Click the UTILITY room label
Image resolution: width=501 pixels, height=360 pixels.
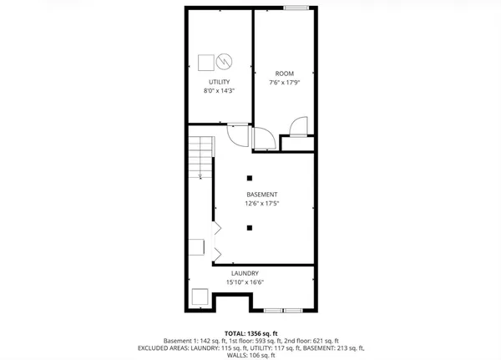(219, 82)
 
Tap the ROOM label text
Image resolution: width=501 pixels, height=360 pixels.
(285, 74)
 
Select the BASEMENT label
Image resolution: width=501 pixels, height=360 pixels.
(250, 194)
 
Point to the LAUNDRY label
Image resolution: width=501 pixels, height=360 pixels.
(245, 273)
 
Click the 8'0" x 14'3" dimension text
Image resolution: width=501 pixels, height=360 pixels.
(219, 91)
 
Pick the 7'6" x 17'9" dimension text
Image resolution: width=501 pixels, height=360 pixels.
(285, 83)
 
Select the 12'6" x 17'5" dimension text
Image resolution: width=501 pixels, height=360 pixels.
(250, 203)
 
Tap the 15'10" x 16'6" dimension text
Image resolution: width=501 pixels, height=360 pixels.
(245, 282)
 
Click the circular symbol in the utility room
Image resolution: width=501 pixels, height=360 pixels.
(224, 62)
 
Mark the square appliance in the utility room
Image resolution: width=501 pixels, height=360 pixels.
(205, 62)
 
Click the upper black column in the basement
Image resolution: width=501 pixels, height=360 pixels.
(250, 177)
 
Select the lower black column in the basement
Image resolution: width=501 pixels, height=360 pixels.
(250, 227)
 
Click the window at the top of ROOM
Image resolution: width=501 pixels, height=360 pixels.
(295, 8)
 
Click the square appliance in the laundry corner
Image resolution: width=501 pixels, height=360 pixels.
(200, 297)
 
